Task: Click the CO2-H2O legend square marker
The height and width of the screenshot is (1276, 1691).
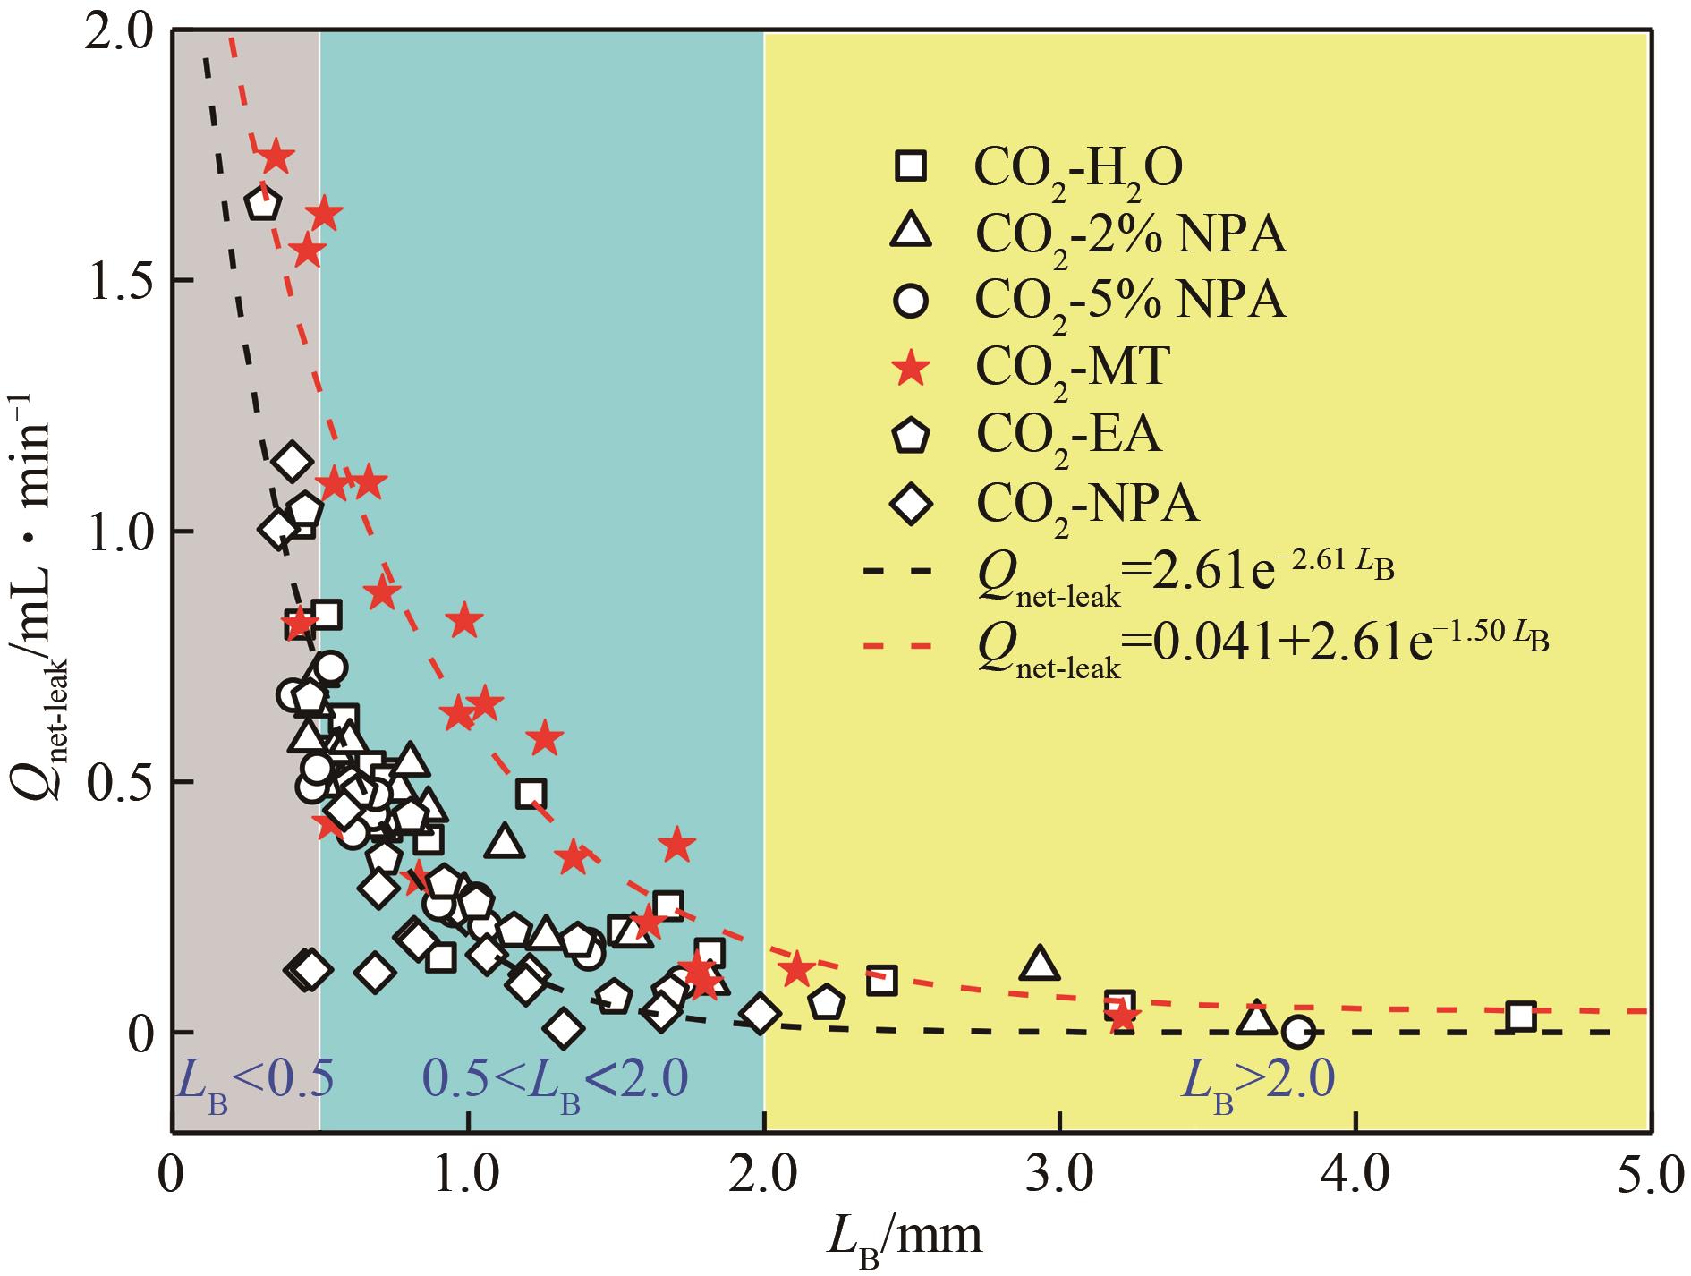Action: click(x=912, y=166)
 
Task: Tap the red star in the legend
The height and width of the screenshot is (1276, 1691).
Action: click(x=912, y=368)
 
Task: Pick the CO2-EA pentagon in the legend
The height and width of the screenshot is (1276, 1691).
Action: click(x=912, y=436)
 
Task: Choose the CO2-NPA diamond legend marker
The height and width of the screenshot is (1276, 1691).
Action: click(x=912, y=504)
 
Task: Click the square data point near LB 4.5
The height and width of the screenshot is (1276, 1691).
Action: click(x=1520, y=1016)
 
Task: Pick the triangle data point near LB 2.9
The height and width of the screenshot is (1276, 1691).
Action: click(x=1039, y=963)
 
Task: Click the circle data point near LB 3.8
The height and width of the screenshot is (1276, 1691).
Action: click(x=1298, y=1032)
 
